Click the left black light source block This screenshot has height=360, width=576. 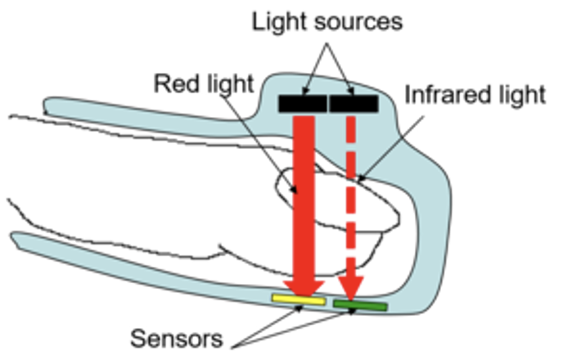click(303, 104)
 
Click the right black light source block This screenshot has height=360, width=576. click(353, 104)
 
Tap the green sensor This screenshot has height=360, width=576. click(360, 306)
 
